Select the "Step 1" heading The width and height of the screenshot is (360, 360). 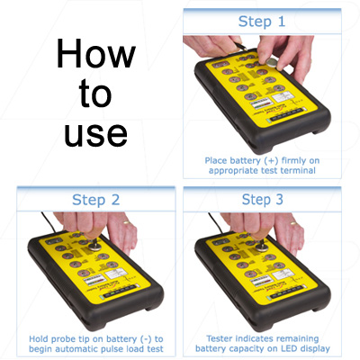pos(263,21)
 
